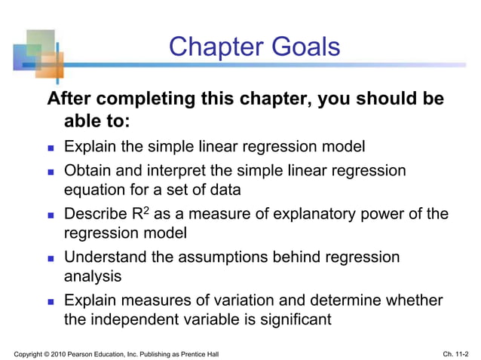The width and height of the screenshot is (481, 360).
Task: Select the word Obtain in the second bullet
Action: (89, 171)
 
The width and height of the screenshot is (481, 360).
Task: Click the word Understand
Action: (106, 257)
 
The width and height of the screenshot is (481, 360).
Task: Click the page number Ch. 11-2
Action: (456, 353)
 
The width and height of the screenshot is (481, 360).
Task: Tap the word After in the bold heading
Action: (69, 99)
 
